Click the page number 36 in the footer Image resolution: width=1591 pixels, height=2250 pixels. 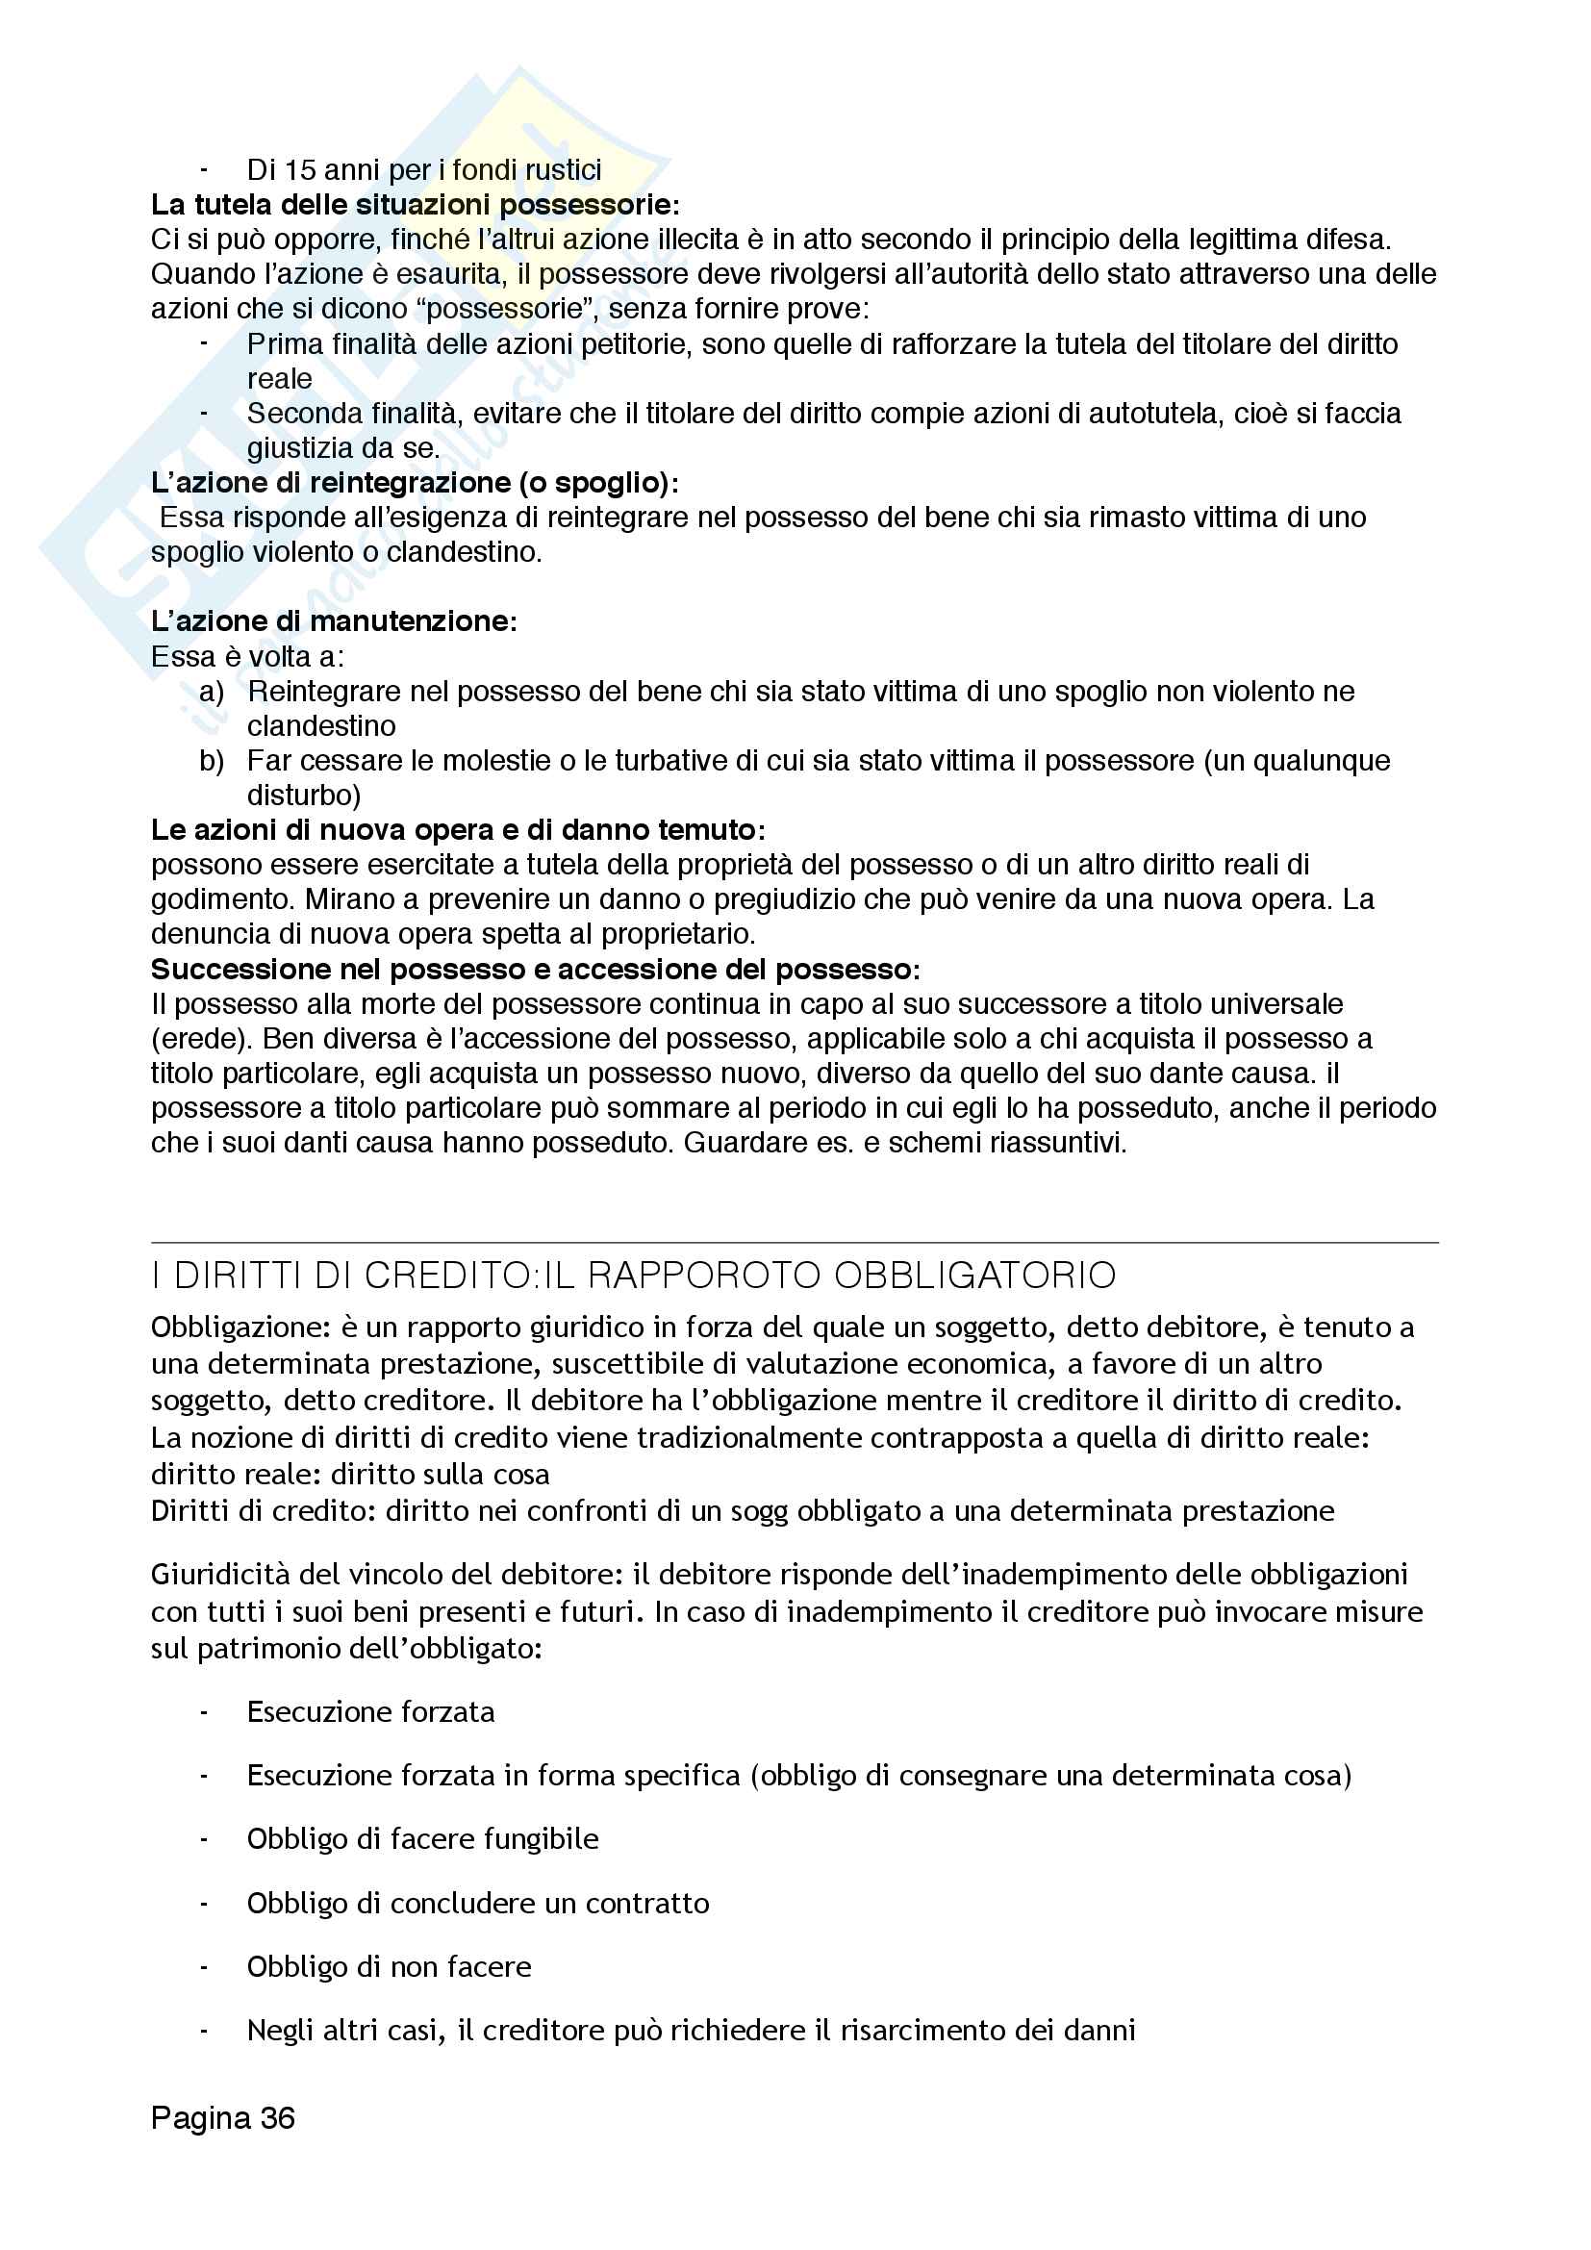(277, 2117)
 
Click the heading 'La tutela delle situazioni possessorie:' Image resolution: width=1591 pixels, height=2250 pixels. (415, 205)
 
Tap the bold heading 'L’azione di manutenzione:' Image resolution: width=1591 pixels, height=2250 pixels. (333, 620)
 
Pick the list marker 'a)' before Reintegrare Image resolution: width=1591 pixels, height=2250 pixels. (212, 691)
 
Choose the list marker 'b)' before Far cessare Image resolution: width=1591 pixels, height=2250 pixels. (212, 761)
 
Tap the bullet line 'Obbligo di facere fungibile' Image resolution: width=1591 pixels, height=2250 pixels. (422, 1838)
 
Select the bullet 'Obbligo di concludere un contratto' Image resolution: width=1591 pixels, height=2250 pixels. (477, 1902)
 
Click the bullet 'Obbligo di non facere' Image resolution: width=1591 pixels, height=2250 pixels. (389, 1966)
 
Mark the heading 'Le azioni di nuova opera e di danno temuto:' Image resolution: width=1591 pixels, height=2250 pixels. (458, 830)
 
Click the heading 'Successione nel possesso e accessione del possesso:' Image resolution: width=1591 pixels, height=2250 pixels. (535, 970)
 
